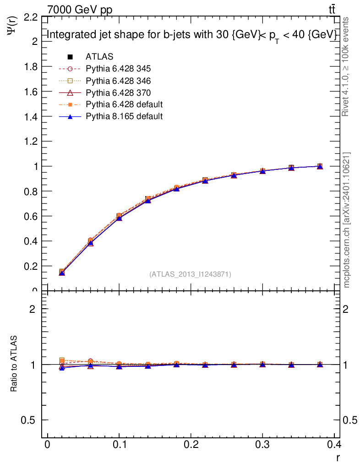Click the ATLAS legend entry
click(99, 57)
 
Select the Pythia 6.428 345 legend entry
click(118, 69)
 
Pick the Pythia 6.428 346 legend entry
click(118, 81)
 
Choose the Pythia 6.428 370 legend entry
click(118, 93)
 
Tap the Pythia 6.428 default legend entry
click(124, 104)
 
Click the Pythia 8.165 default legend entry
click(124, 116)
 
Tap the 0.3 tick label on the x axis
click(262, 445)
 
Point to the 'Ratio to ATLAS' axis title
click(14, 364)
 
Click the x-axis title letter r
click(338, 458)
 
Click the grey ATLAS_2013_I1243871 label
click(190, 274)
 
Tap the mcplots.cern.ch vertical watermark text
click(347, 220)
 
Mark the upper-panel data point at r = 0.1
click(119, 216)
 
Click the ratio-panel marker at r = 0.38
click(320, 365)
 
